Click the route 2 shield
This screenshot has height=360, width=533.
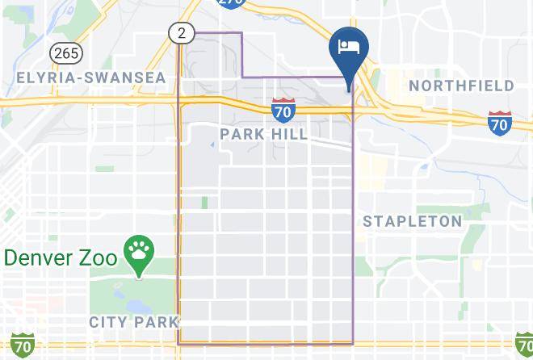point(181,33)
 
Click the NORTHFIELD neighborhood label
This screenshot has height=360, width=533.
point(461,86)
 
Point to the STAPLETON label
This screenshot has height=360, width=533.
point(413,221)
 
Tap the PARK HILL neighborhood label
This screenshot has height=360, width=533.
point(264,133)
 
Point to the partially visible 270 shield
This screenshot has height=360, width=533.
point(232,4)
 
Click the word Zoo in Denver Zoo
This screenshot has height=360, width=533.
point(102,258)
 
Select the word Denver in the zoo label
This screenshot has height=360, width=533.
point(41,258)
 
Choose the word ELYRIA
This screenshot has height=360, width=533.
point(44,78)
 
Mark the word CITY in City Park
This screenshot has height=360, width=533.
point(107,322)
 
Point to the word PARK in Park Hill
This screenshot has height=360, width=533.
point(241,133)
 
